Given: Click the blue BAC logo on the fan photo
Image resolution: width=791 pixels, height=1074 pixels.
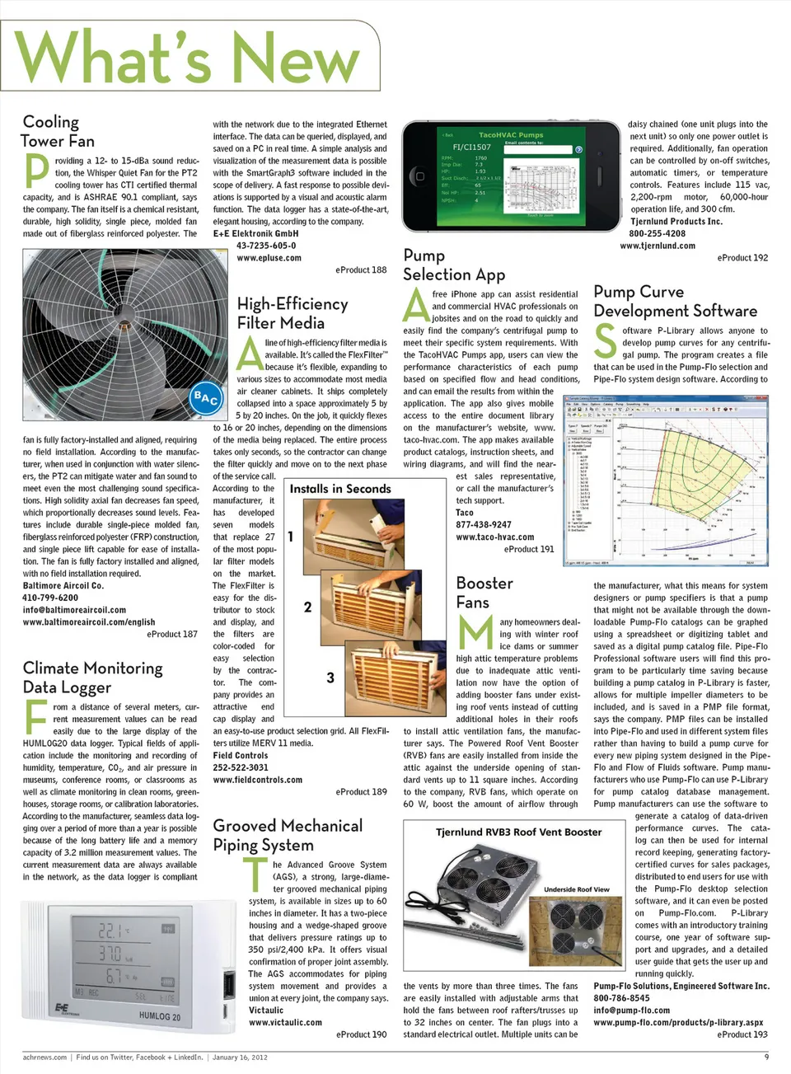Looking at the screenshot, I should tap(205, 399).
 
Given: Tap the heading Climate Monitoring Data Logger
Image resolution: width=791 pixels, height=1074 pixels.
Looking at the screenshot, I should tap(92, 678).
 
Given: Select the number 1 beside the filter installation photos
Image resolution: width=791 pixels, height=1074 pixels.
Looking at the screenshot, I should tap(291, 537).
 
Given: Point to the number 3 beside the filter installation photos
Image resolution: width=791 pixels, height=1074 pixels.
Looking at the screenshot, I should tap(330, 678).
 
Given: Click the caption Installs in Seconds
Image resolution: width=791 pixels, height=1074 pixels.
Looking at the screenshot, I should tap(340, 489).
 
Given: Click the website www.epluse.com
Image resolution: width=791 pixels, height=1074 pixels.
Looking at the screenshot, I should tap(269, 258).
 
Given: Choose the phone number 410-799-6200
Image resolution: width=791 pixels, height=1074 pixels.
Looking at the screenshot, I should tap(50, 598).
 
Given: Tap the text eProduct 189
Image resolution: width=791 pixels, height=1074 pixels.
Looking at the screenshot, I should tap(361, 791).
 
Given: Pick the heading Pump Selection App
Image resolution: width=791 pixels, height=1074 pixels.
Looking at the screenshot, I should tap(454, 265).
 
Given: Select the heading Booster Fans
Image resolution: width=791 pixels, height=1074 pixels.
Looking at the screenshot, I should tap(484, 593).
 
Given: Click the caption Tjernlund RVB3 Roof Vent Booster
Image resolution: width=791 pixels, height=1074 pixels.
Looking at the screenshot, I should tap(518, 832).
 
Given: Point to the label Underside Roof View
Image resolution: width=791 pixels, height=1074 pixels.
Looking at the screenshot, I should tap(577, 889).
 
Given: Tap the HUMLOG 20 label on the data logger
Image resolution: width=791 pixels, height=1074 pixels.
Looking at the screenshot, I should tap(160, 1016).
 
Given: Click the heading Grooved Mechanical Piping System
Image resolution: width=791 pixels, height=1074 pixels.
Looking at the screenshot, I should tap(288, 835).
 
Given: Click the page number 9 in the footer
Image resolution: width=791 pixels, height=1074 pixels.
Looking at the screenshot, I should tap(766, 1057).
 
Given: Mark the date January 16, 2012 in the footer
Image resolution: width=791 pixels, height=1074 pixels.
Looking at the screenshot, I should tap(240, 1057).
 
